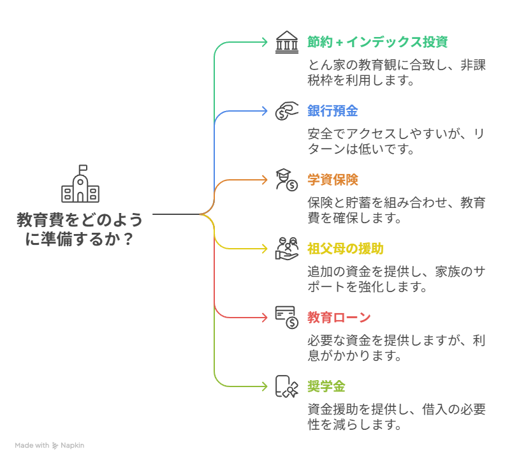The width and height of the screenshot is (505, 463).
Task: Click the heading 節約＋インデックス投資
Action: tap(377, 42)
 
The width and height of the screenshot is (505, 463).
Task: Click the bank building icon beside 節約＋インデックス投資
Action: tap(287, 42)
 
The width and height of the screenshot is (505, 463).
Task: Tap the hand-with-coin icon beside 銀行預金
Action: tap(287, 111)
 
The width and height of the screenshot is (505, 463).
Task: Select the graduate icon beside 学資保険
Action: tap(287, 180)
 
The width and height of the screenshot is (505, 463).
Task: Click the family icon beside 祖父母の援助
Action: tap(287, 249)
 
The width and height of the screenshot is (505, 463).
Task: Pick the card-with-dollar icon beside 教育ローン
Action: tap(287, 318)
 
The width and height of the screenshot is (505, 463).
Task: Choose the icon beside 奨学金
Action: tap(287, 386)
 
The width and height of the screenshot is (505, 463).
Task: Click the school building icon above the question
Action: tap(80, 184)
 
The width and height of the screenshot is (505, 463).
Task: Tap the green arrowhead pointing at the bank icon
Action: tap(265, 42)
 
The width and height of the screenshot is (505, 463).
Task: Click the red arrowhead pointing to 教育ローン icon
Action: tap(265, 318)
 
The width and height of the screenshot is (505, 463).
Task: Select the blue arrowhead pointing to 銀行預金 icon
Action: tap(265, 111)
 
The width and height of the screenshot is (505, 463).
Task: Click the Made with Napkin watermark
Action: tap(50, 446)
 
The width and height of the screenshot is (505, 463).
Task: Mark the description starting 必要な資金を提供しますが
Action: tap(397, 348)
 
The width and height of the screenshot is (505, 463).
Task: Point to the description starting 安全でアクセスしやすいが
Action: tap(397, 142)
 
